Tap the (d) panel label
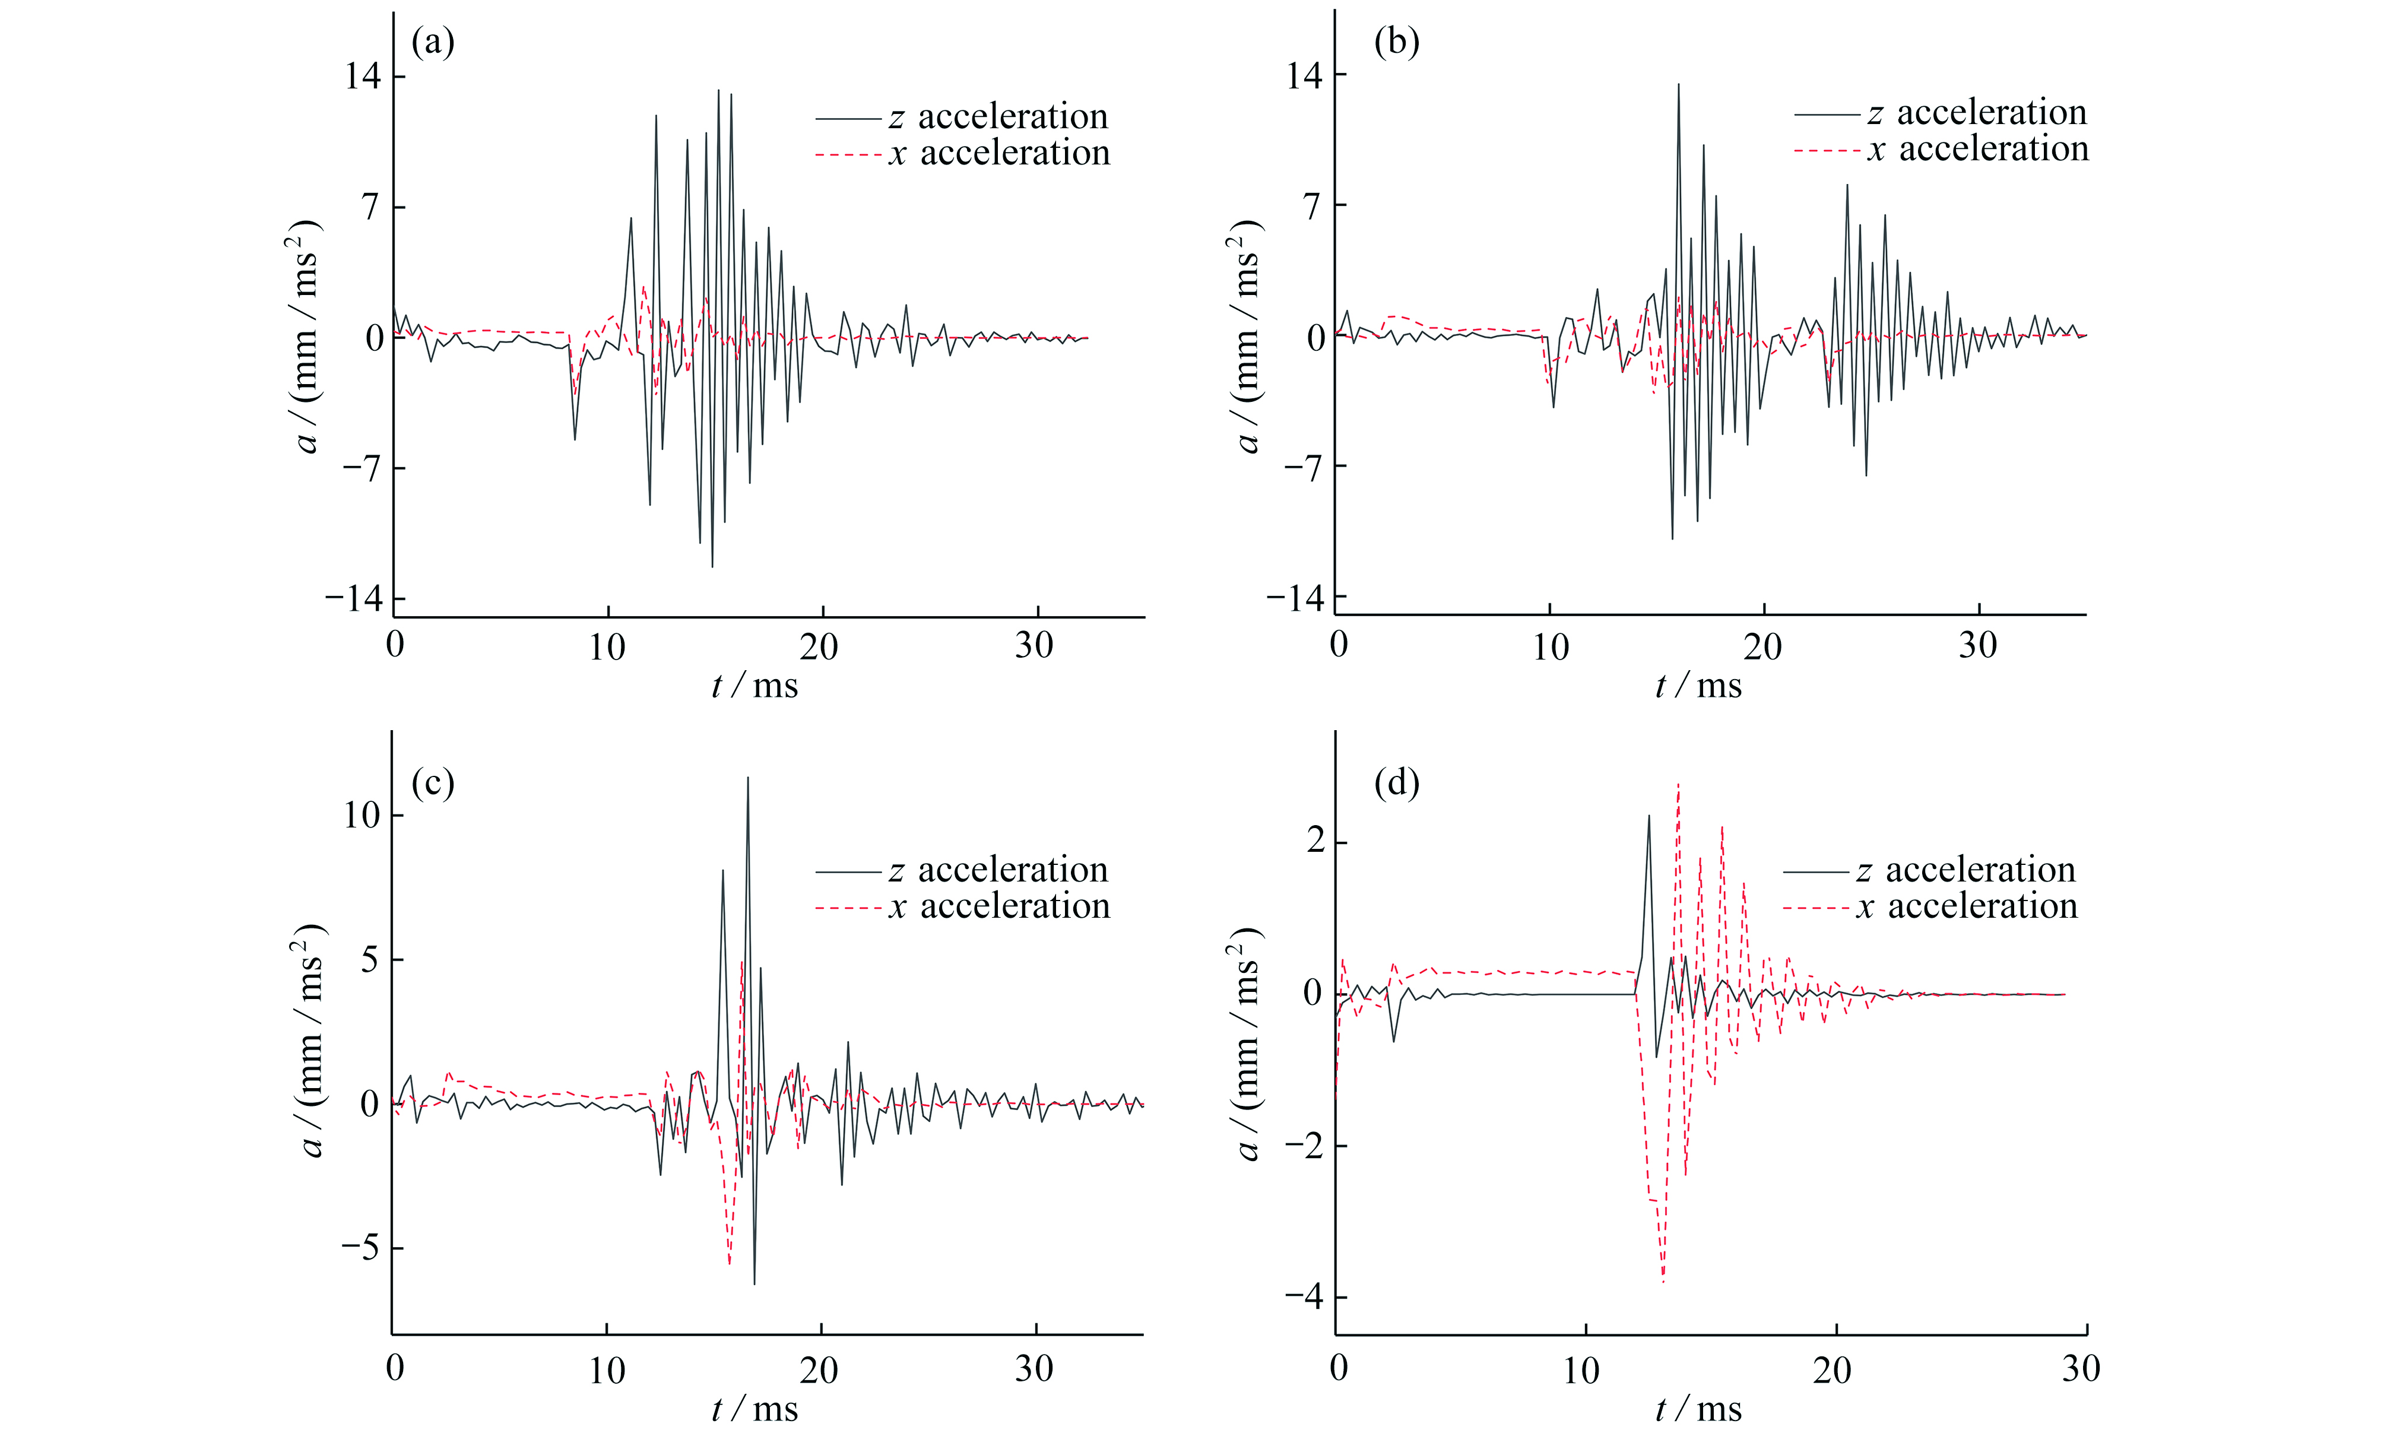(1396, 784)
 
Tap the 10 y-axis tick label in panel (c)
(362, 815)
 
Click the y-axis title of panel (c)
(310, 1040)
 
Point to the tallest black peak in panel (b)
(1679, 85)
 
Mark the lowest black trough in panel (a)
(712, 566)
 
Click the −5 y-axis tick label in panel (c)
(359, 1248)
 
